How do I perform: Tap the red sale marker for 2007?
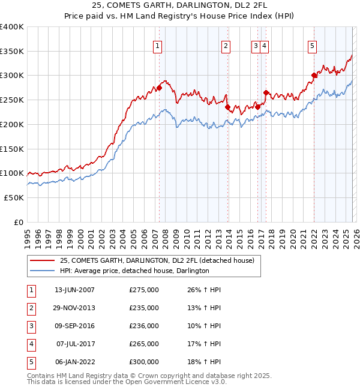[x=160, y=88]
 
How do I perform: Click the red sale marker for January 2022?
[x=314, y=76]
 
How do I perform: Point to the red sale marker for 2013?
[x=228, y=107]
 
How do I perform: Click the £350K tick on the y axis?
[x=12, y=52]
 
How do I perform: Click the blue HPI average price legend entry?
[x=134, y=271]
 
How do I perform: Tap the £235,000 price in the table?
[x=143, y=308]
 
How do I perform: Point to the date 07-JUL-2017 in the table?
[x=74, y=344]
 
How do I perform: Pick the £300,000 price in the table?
[x=143, y=362]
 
